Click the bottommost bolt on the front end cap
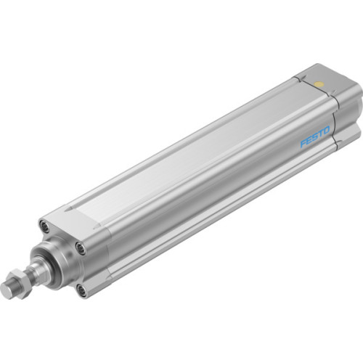(x=81, y=290)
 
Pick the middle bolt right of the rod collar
(x=81, y=249)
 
